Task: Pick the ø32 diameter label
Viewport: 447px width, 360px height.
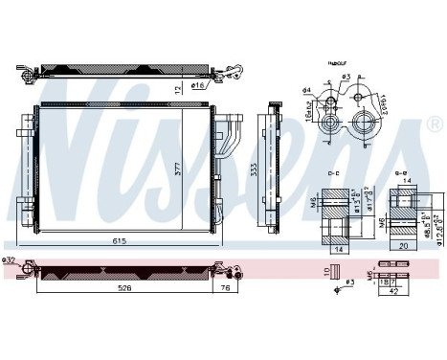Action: (x=10, y=260)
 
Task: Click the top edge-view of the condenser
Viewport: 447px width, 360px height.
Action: (x=122, y=73)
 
